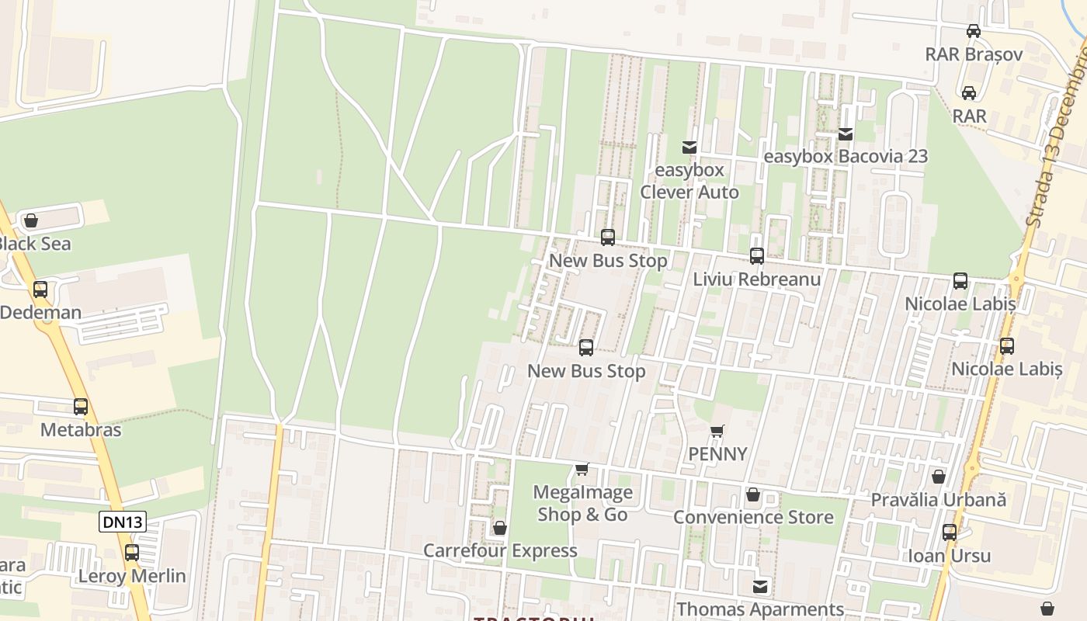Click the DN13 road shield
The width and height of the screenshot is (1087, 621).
pyautogui.click(x=123, y=522)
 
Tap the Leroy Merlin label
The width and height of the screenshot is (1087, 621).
pyautogui.click(x=132, y=576)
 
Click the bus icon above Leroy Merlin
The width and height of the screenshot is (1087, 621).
pyautogui.click(x=132, y=553)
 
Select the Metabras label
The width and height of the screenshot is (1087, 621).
pyautogui.click(x=81, y=429)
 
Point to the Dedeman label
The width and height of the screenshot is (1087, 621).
pyautogui.click(x=40, y=312)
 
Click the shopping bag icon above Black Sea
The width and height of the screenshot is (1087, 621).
pyautogui.click(x=31, y=221)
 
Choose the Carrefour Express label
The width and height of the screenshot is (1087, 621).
pyautogui.click(x=500, y=550)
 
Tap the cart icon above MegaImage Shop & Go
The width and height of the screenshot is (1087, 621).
pyautogui.click(x=582, y=469)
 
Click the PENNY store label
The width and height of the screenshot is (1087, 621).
pyautogui.click(x=717, y=454)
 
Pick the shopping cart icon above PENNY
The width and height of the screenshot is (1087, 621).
pyautogui.click(x=717, y=431)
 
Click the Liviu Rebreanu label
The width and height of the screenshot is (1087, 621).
pyautogui.click(x=756, y=279)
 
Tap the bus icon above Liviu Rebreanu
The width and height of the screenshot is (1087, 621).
pyautogui.click(x=756, y=255)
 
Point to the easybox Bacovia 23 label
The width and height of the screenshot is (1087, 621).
pyautogui.click(x=846, y=156)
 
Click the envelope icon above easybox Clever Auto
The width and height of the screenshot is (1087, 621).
pyautogui.click(x=689, y=147)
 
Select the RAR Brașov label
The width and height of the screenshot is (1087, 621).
pyautogui.click(x=974, y=54)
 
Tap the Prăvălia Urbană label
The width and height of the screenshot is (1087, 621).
pyautogui.click(x=938, y=499)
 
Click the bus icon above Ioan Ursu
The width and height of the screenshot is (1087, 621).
pyautogui.click(x=950, y=533)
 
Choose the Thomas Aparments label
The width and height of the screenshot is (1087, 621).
pyautogui.click(x=759, y=609)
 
